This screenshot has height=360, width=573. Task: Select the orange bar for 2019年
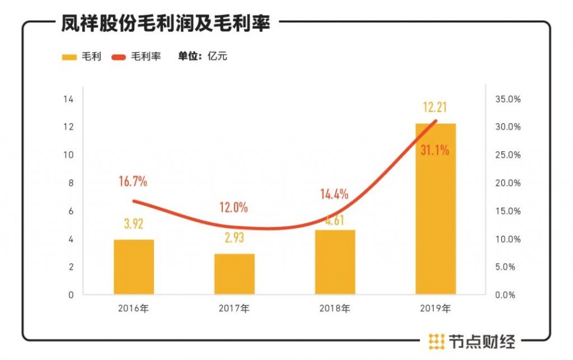(435, 213)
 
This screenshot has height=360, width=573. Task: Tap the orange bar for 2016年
(134, 267)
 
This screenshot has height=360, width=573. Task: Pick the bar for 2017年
(234, 274)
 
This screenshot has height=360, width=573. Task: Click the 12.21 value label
(435, 107)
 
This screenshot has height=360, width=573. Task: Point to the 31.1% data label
(435, 150)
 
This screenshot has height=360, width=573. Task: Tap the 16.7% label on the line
(133, 181)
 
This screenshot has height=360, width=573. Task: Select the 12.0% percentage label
(233, 208)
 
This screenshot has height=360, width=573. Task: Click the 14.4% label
(334, 194)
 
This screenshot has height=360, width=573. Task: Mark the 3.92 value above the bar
(133, 224)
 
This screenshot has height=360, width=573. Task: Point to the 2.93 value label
(234, 239)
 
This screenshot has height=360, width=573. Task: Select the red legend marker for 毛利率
(119, 57)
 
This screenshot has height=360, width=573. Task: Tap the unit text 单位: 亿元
(203, 56)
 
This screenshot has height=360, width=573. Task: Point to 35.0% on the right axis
(508, 99)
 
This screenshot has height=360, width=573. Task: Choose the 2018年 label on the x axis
(335, 308)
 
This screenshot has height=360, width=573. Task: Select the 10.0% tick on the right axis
(508, 239)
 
